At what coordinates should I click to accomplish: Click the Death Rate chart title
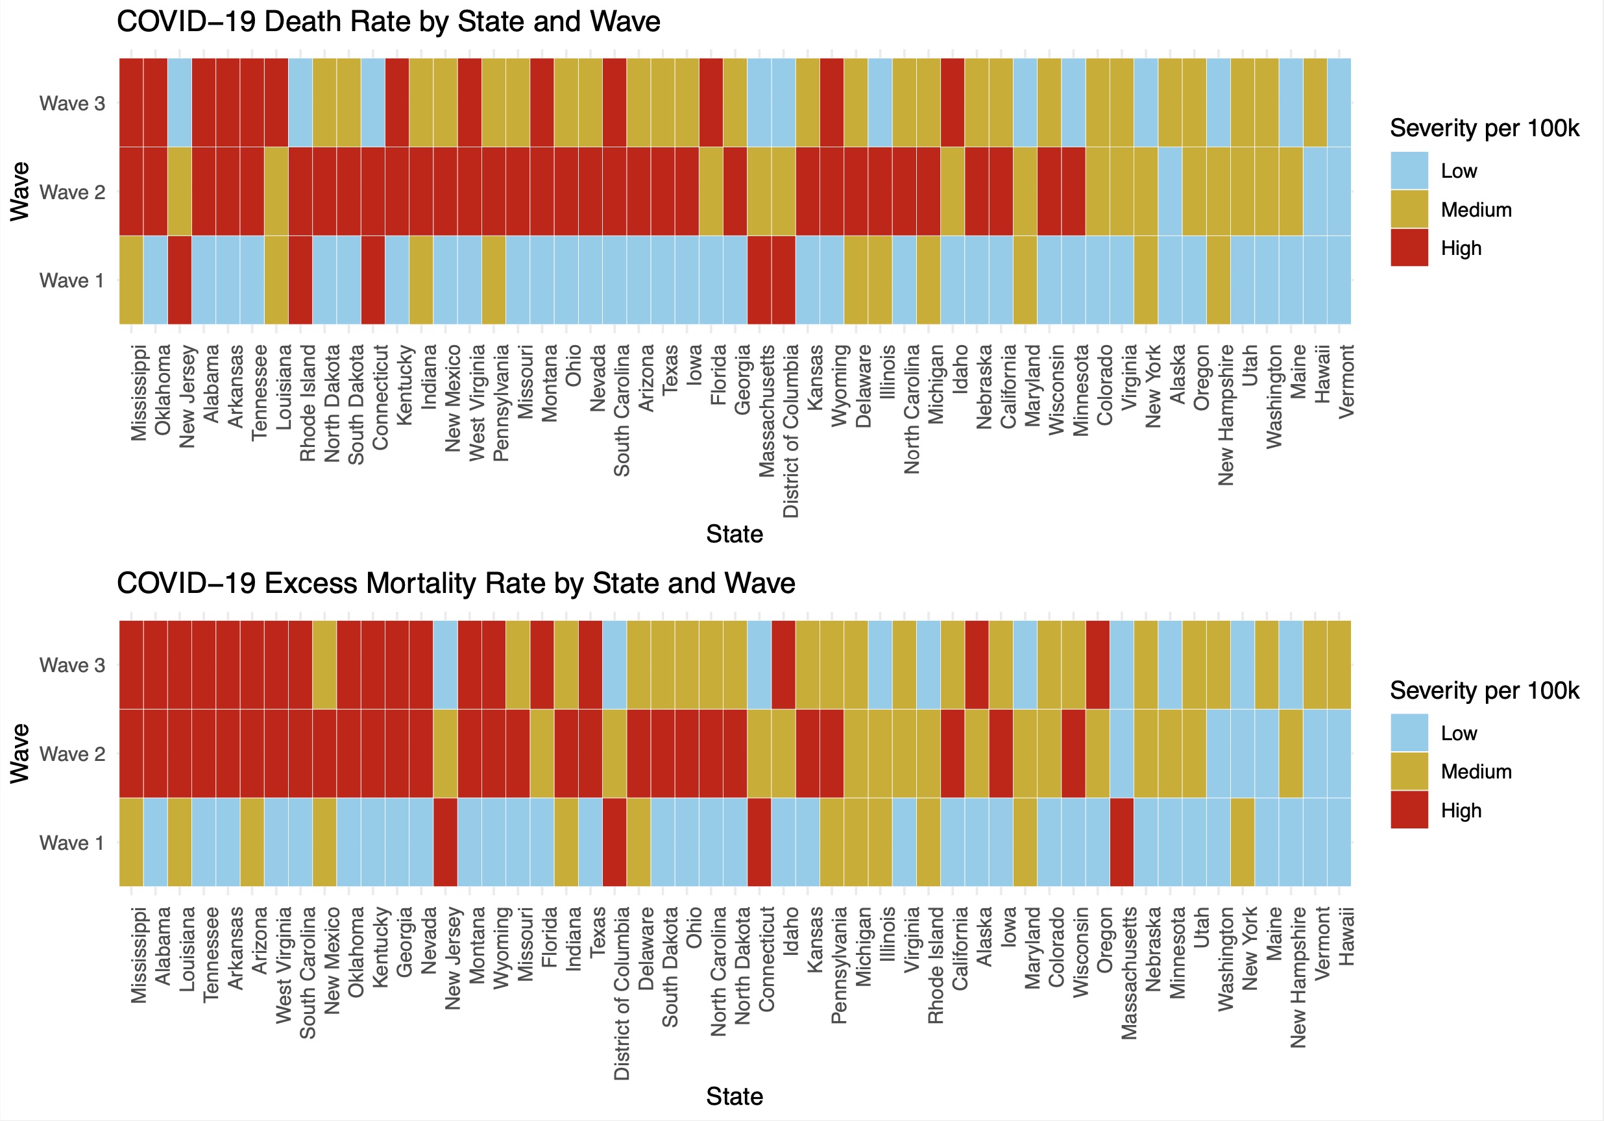(x=388, y=21)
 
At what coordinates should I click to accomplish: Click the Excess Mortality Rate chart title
(x=456, y=583)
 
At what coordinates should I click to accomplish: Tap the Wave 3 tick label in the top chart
(x=72, y=103)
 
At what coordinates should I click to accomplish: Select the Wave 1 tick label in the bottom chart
(x=72, y=843)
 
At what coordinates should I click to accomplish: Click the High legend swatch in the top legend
(x=1409, y=248)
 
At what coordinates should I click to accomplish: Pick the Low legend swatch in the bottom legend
(x=1409, y=732)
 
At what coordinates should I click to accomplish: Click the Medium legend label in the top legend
(x=1476, y=210)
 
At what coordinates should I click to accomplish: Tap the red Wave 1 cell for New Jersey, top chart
(x=180, y=280)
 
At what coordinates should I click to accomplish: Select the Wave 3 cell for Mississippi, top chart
(x=131, y=102)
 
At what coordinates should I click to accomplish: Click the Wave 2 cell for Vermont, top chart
(x=1339, y=191)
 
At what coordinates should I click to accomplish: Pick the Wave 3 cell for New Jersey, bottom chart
(x=445, y=664)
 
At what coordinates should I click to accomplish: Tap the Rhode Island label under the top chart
(x=308, y=403)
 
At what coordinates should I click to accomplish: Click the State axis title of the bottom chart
(x=735, y=1096)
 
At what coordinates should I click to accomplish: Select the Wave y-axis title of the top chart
(x=19, y=191)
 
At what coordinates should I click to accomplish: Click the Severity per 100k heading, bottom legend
(x=1484, y=690)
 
